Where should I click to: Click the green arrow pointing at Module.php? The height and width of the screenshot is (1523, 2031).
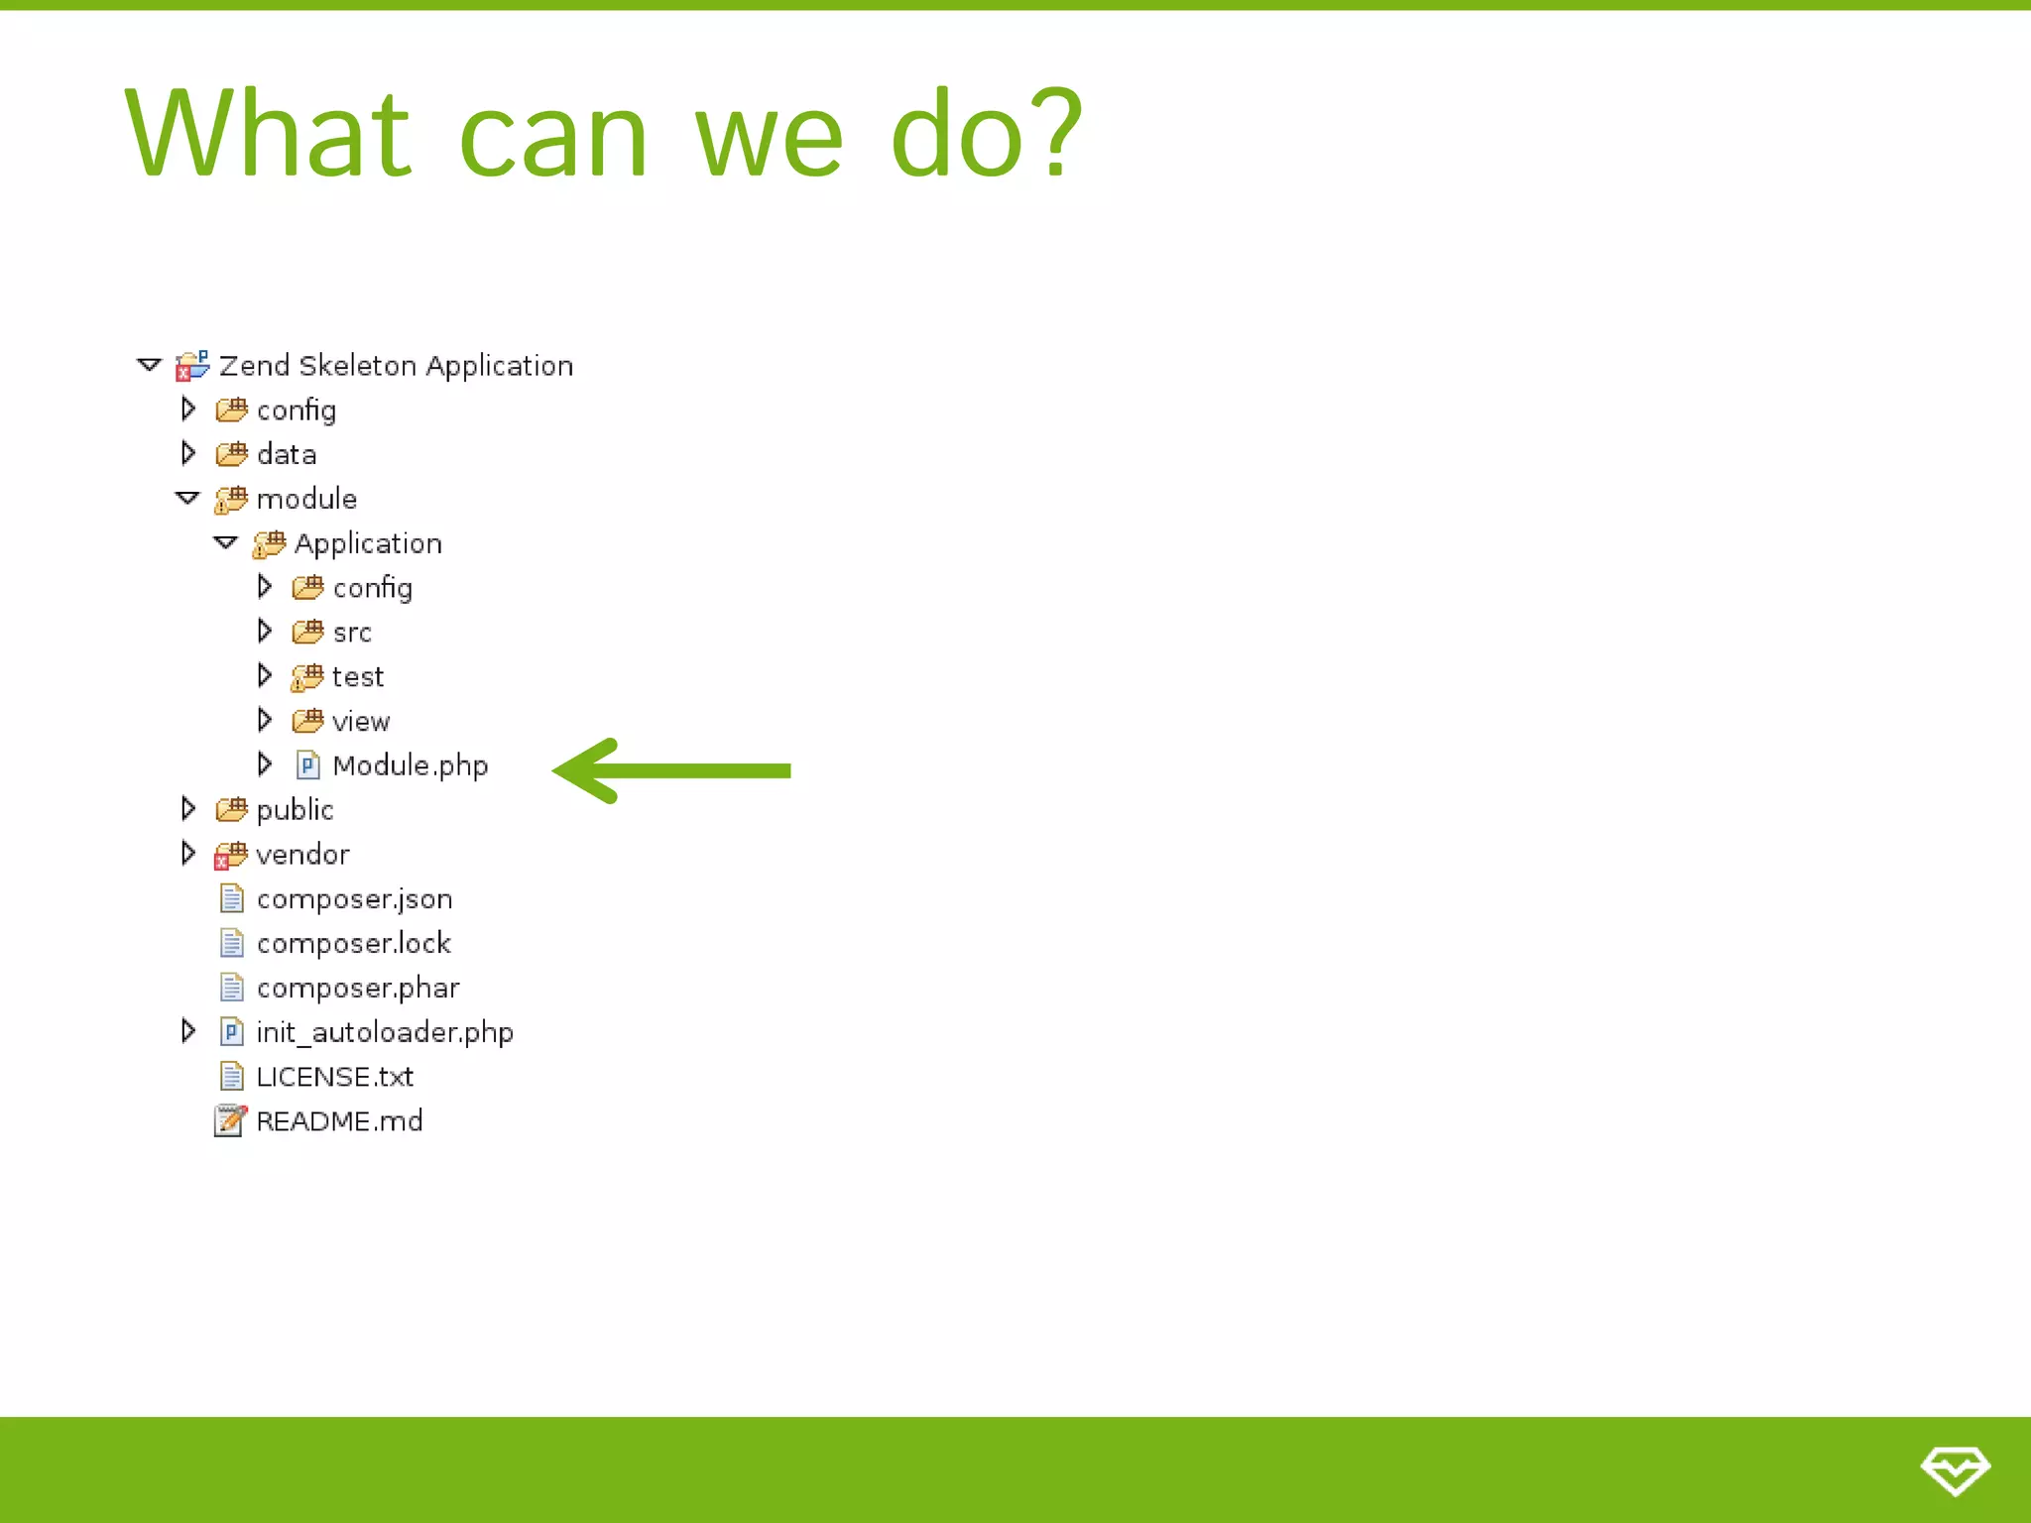672,770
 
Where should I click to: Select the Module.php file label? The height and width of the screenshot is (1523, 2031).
410,765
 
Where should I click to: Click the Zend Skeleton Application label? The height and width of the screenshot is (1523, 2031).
396,366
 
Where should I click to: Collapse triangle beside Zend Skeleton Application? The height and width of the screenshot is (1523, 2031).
149,365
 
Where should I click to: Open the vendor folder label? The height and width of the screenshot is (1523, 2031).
302,855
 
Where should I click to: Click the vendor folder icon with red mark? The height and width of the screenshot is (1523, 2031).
230,855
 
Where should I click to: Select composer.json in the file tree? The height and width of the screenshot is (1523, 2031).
354,899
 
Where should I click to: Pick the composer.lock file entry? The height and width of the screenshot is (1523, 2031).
353,944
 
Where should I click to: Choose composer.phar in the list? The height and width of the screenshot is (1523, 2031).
357,989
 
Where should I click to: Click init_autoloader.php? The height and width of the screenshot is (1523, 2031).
384,1033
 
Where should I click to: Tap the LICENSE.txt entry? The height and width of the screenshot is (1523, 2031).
334,1077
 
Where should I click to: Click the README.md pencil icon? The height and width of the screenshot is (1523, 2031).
230,1120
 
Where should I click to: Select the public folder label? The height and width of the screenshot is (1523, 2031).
295,810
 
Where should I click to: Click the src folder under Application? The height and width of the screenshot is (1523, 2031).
351,633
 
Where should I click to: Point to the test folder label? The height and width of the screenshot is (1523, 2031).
357,677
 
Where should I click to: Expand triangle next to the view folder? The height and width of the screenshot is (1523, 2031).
264,720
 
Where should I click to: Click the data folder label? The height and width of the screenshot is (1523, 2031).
287,454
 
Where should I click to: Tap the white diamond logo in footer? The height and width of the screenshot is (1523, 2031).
1955,1469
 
